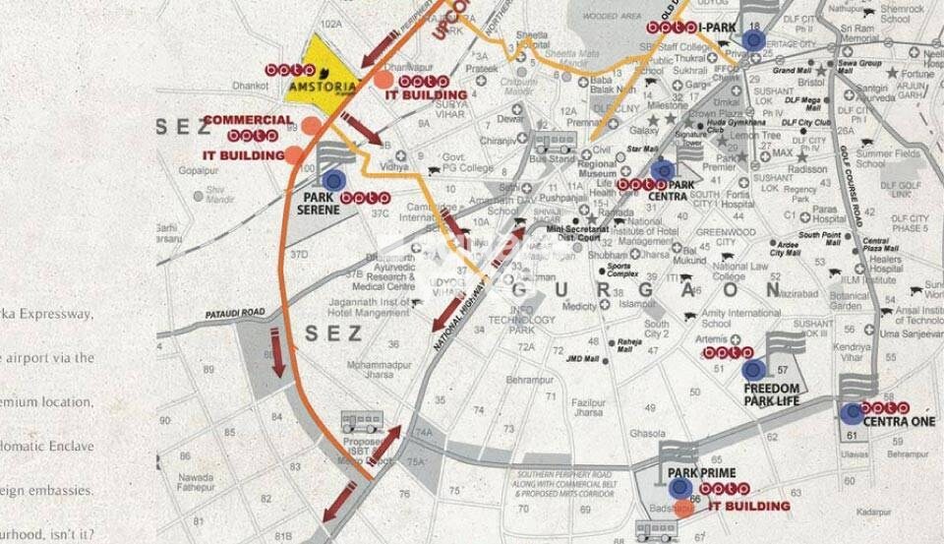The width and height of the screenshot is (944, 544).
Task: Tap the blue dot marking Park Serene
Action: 333,179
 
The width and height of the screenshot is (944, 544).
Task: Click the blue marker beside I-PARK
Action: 753,39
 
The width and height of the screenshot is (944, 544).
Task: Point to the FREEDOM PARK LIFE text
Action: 771,394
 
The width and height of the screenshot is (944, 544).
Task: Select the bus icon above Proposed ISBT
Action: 361,424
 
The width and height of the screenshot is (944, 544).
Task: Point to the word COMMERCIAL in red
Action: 248,120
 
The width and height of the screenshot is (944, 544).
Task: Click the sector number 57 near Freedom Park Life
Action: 783,370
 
